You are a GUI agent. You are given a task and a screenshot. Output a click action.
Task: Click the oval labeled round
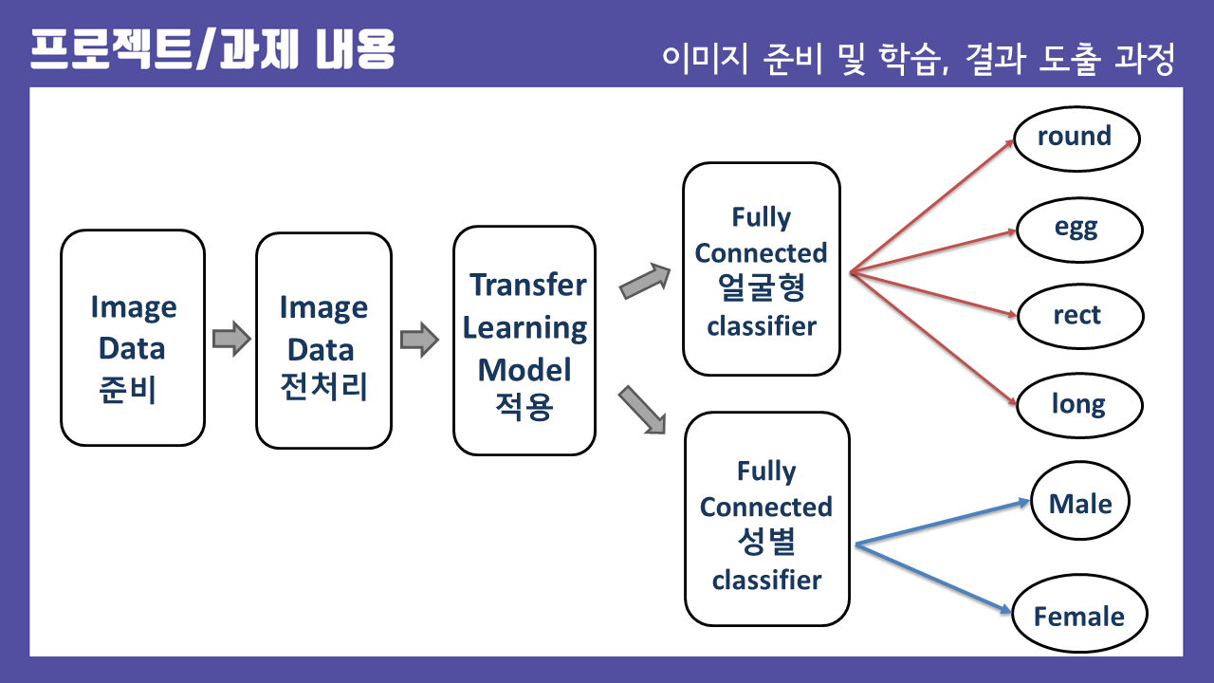pos(1076,138)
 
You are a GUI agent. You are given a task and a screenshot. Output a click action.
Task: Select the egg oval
pos(1079,229)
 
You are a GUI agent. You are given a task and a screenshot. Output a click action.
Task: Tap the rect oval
pos(1079,316)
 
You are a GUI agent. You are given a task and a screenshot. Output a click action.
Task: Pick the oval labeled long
pos(1079,405)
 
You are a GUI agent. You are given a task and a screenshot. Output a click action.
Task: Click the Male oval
pos(1079,503)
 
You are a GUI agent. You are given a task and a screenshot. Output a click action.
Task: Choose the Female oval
pos(1079,617)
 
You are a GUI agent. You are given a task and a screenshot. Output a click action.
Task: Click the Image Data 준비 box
pos(133,338)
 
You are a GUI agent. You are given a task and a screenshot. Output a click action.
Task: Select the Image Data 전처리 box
pos(323,340)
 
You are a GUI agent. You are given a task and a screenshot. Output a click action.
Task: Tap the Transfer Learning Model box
pos(524,340)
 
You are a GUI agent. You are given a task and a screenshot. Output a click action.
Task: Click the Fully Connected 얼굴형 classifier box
pos(762,269)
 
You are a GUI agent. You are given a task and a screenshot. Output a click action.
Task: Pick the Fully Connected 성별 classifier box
pos(766,519)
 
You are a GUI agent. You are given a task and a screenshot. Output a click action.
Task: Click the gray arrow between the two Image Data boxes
pos(230,339)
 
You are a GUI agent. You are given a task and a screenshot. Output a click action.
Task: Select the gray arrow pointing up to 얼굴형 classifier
pos(645,282)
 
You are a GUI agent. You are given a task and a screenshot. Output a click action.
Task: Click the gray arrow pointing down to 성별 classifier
pos(642,410)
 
